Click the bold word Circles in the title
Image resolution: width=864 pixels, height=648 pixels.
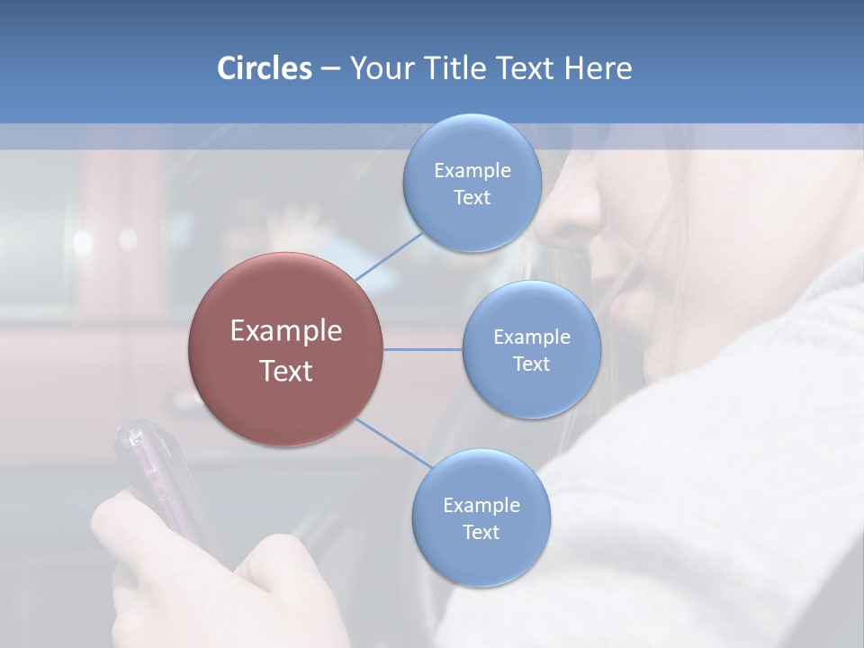tap(264, 68)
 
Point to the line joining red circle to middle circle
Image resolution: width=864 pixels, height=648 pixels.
tap(423, 349)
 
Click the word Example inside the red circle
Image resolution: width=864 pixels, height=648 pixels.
tap(285, 331)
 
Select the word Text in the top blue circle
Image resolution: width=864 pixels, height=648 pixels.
tap(472, 198)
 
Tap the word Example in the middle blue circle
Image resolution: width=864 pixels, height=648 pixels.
tap(531, 337)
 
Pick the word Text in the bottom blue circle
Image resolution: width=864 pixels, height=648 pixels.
tap(481, 533)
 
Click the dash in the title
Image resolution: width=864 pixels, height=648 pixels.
tap(329, 69)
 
